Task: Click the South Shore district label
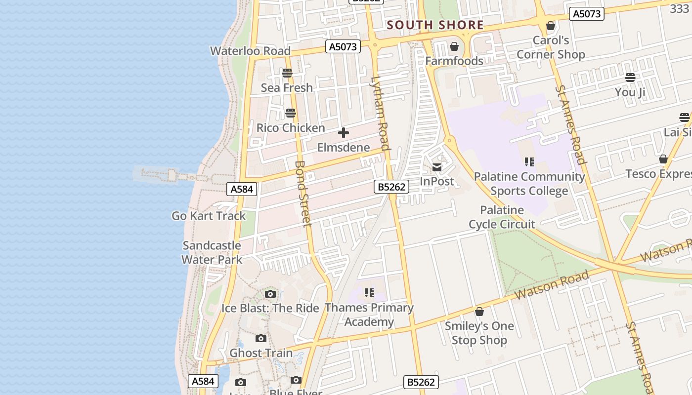(435, 25)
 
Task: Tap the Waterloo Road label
(250, 51)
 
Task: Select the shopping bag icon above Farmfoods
(454, 47)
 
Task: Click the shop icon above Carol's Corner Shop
(551, 26)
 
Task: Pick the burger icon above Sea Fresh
(287, 73)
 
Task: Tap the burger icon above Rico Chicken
(291, 113)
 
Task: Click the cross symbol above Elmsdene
(344, 133)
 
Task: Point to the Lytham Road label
(381, 113)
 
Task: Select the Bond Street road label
(303, 194)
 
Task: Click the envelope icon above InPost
(437, 167)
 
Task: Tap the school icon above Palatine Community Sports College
(529, 162)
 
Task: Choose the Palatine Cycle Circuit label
(502, 217)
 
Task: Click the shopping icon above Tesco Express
(663, 159)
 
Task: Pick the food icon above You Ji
(630, 78)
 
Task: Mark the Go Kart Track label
(209, 216)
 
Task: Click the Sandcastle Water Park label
(212, 252)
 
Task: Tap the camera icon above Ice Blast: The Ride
(270, 294)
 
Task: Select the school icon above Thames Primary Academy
(369, 293)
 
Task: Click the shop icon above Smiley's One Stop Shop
(479, 312)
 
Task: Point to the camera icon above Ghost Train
(261, 339)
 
